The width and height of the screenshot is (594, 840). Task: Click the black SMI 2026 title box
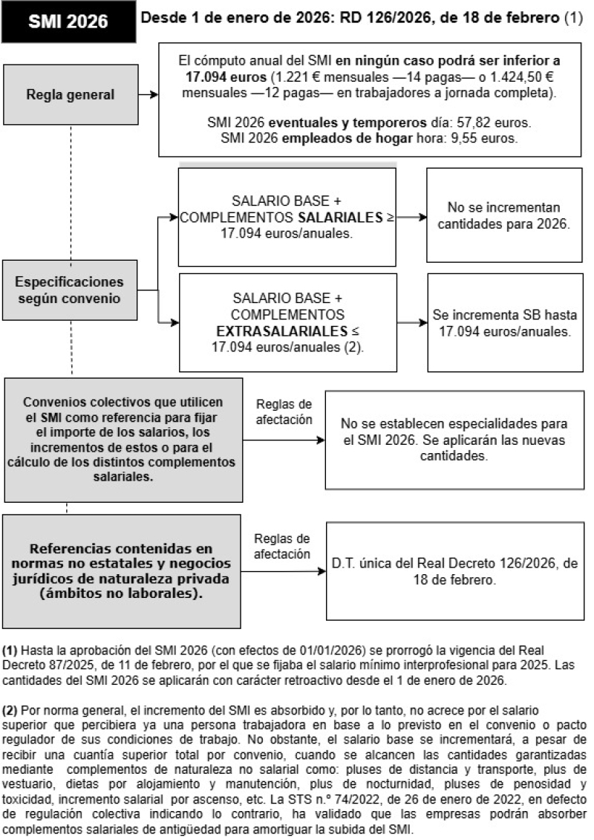(x=68, y=22)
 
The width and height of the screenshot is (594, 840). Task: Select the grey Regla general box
(x=70, y=95)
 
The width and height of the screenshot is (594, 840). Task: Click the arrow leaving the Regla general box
(x=148, y=95)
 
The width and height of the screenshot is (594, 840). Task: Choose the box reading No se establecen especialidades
(x=454, y=440)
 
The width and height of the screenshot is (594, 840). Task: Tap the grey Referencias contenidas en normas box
(x=122, y=569)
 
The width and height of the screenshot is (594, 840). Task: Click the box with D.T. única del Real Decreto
(x=454, y=570)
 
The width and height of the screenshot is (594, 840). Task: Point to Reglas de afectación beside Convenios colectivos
(x=284, y=411)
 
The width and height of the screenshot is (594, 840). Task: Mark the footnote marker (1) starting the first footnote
(x=11, y=648)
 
